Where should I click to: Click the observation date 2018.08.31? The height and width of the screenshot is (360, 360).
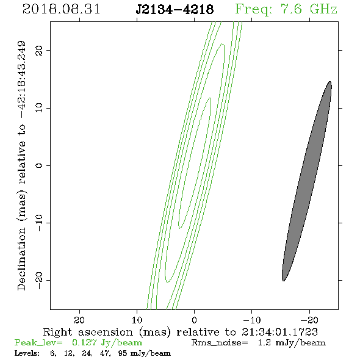(61, 9)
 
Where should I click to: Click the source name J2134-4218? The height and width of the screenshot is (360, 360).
(175, 9)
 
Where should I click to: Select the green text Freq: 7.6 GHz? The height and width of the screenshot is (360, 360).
(286, 10)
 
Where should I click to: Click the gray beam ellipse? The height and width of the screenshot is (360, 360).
(307, 181)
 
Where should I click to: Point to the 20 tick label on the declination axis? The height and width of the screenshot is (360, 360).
(39, 50)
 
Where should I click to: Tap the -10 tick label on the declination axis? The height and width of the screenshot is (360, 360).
(39, 223)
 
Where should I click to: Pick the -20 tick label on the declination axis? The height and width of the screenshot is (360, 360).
(39, 280)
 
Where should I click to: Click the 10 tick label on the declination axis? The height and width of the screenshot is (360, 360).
(39, 107)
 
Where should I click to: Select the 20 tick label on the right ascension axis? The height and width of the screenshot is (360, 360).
(79, 320)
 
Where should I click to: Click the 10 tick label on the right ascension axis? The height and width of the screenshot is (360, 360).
(137, 320)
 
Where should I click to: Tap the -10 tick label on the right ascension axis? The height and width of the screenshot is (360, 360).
(252, 320)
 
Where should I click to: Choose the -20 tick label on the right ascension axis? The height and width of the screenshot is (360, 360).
(309, 320)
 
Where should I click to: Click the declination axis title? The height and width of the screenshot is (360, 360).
(22, 165)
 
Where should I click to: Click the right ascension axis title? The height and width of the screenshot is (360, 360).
(181, 332)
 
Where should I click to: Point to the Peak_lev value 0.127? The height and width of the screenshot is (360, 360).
(84, 342)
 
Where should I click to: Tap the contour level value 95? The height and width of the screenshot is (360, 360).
(123, 353)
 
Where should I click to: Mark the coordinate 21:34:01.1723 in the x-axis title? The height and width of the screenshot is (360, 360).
(279, 332)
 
